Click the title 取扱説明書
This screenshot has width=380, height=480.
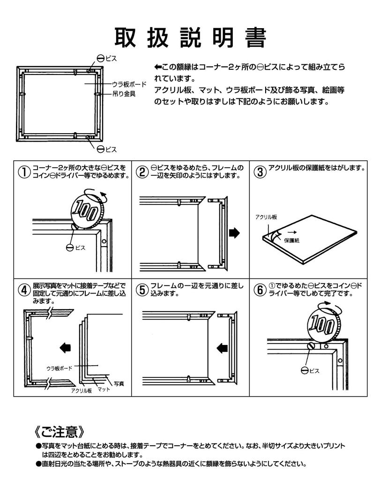190,37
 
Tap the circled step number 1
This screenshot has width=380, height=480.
23,172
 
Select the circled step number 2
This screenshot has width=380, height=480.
142,172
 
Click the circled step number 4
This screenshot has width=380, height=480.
23,290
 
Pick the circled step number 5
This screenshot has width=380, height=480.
142,290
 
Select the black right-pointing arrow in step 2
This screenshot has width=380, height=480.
234,232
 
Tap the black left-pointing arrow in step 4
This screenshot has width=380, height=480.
66,347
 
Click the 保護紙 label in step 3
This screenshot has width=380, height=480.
291,240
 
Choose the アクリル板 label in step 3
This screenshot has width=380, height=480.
266,217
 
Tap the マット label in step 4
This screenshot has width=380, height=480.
104,389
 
